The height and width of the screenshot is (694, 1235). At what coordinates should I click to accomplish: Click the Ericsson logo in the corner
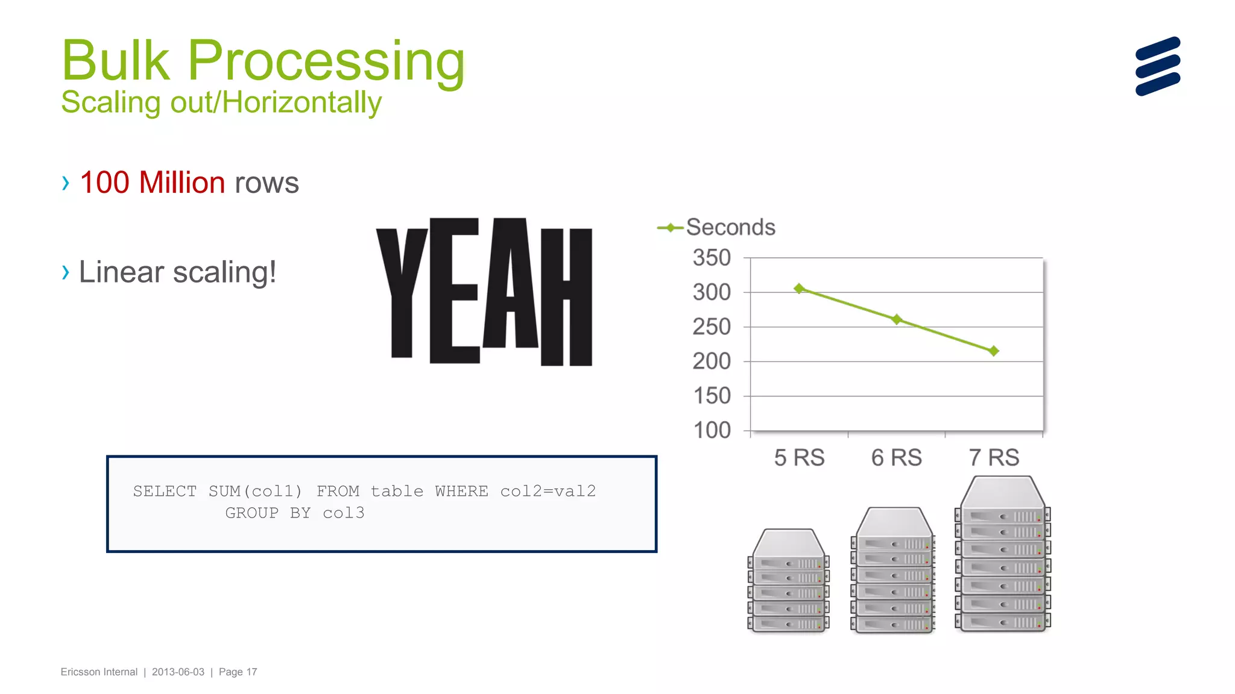pyautogui.click(x=1157, y=66)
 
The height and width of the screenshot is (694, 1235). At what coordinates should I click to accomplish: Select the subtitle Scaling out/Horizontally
pyautogui.click(x=221, y=102)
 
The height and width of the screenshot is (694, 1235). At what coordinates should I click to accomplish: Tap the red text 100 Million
pyautogui.click(x=152, y=183)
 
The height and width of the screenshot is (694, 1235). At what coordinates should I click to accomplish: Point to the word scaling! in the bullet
pyautogui.click(x=224, y=272)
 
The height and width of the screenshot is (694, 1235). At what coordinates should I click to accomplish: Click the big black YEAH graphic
pyautogui.click(x=484, y=292)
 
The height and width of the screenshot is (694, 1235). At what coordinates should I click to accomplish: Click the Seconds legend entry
pyautogui.click(x=730, y=228)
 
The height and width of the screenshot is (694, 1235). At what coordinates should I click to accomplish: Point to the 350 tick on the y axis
pyautogui.click(x=712, y=258)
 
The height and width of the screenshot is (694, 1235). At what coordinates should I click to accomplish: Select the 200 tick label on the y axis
pyautogui.click(x=712, y=361)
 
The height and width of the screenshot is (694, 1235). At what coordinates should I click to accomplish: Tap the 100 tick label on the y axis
pyautogui.click(x=712, y=430)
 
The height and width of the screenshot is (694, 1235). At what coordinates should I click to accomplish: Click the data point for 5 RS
pyautogui.click(x=799, y=289)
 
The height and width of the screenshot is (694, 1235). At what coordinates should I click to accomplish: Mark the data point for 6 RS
pyautogui.click(x=897, y=319)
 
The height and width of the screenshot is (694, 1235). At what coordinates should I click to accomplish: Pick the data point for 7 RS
pyautogui.click(x=994, y=351)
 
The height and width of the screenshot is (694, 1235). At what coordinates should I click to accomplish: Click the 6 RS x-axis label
pyautogui.click(x=896, y=458)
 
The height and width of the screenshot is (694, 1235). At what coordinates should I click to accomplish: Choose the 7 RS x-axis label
pyautogui.click(x=994, y=458)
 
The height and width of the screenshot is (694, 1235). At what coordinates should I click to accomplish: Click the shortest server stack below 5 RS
pyautogui.click(x=788, y=581)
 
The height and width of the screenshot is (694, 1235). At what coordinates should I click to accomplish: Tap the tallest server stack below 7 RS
pyautogui.click(x=1002, y=554)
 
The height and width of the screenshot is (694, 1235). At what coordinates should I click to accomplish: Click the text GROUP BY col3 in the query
pyautogui.click(x=294, y=513)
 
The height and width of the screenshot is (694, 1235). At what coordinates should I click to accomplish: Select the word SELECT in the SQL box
pyautogui.click(x=165, y=492)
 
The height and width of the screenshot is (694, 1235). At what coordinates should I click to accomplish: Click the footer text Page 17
pyautogui.click(x=238, y=672)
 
